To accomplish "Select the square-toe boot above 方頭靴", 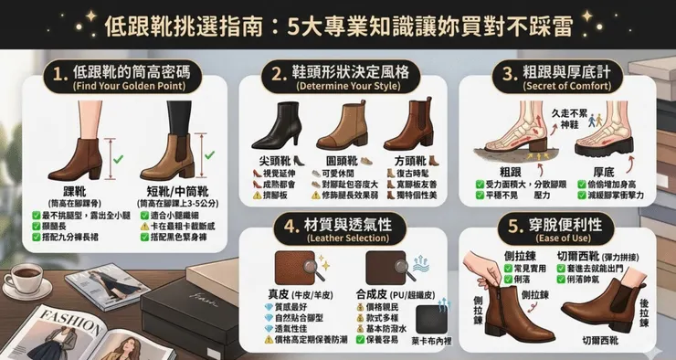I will tap(407, 123).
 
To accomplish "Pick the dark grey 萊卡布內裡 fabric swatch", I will tap(431, 318).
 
